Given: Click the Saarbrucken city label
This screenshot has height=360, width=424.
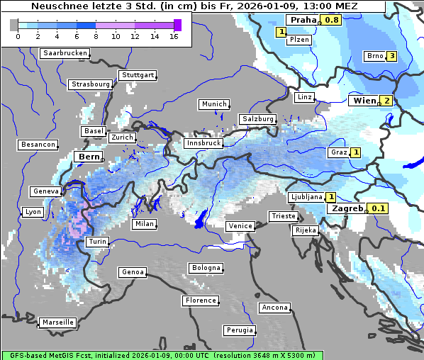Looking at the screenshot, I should point(65,53).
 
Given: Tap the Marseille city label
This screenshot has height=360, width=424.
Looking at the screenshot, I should point(57,322).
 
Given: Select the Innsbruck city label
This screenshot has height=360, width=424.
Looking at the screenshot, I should point(203,142).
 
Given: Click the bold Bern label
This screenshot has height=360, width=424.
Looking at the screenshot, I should point(89,156).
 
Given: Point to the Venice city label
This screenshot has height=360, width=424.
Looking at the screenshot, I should point(240,226).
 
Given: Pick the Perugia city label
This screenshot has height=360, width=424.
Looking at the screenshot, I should point(239,330).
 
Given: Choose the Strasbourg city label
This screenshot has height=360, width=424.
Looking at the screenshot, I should point(91,84).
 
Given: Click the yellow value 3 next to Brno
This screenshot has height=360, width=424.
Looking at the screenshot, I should point(391,56).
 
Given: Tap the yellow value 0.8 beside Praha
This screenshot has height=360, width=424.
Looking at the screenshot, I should point(331,20).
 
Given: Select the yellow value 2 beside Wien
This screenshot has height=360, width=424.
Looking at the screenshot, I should point(386,101).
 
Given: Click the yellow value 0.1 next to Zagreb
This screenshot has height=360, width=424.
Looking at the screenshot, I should point(379,208).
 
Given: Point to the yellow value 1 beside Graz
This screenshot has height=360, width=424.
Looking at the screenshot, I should point(355,152).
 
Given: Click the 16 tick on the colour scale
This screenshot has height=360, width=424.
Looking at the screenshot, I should point(174,36).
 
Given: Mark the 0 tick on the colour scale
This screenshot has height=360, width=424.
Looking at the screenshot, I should point(18,36).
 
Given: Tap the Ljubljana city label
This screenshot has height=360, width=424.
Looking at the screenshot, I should point(306,197).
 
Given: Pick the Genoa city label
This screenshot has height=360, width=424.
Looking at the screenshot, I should point(133,272).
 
